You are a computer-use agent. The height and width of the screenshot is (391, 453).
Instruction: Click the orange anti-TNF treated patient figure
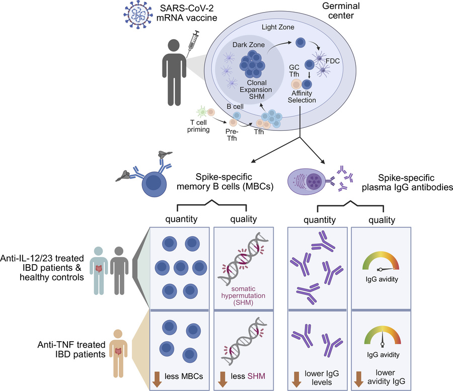[118, 350]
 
